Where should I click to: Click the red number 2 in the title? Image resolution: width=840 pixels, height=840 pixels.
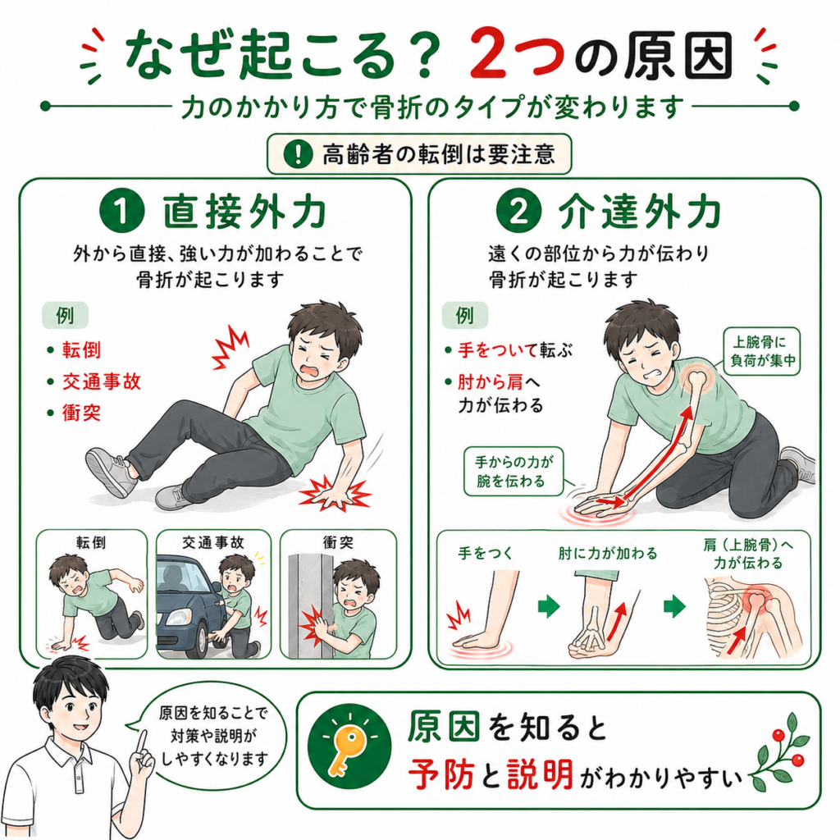(x=493, y=54)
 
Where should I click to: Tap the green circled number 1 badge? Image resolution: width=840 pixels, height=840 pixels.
(x=122, y=211)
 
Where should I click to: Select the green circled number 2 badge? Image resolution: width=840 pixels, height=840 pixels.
(x=518, y=211)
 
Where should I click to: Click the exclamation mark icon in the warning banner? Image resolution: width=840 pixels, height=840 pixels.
(x=298, y=154)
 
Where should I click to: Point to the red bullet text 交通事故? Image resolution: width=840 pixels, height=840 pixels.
(x=101, y=381)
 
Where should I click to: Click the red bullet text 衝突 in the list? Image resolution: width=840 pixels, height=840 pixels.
(x=81, y=413)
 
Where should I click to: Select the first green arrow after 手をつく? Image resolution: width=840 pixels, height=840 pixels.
(x=549, y=607)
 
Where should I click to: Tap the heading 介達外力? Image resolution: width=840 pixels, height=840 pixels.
(x=640, y=212)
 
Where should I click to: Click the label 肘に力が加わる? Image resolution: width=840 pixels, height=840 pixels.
(x=608, y=553)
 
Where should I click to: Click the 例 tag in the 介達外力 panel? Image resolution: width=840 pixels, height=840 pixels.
(x=464, y=315)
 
